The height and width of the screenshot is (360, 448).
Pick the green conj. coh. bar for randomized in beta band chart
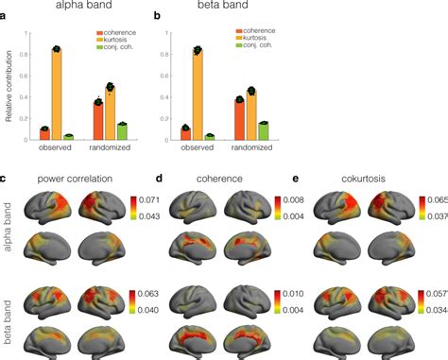pyautogui.click(x=264, y=129)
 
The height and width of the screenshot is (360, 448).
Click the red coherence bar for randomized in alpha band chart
pyautogui.click(x=97, y=119)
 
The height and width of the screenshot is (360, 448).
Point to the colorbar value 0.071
pyautogui.click(x=150, y=200)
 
